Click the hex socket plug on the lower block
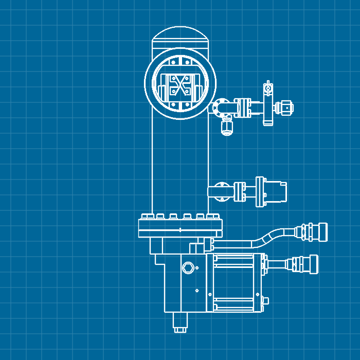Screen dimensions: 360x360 [188, 267]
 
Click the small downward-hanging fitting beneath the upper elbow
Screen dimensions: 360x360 [227, 126]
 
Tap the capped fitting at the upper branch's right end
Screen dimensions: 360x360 [284, 108]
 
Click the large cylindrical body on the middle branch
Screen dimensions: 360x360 [276, 192]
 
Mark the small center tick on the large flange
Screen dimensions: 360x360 [181, 229]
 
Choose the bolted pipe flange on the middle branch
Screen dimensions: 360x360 [240, 192]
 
